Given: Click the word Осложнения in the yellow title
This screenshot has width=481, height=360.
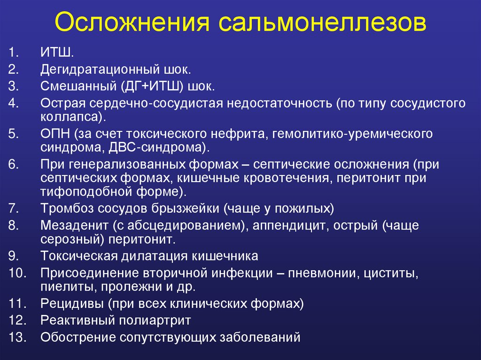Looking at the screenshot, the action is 132,22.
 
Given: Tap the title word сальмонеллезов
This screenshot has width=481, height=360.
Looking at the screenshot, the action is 322,22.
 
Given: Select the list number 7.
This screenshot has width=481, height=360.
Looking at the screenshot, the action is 14,208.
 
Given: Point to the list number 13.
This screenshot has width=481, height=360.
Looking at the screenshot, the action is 17,337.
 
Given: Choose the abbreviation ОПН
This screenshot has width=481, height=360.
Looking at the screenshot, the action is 56,134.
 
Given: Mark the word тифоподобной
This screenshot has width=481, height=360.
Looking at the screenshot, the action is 86,192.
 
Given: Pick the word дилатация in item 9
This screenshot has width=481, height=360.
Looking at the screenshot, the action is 154,256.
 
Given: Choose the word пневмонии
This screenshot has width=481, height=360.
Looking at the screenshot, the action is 324,273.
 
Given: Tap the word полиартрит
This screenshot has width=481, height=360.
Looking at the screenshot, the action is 155,321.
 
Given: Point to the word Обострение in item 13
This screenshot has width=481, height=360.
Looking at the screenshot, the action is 78,337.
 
